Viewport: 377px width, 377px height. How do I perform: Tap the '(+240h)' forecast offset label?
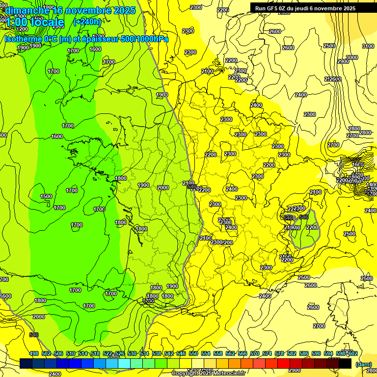87,22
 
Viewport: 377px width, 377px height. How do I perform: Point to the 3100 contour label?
368,46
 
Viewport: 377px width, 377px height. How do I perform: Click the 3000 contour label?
352,57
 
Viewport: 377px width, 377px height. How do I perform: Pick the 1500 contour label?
46,196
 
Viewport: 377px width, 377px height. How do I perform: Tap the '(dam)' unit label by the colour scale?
363,364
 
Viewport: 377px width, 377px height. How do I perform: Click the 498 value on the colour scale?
34,353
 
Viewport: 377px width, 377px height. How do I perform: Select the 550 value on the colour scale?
193,353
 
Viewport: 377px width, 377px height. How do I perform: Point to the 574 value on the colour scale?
267,353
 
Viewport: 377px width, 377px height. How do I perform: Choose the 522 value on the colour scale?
108,353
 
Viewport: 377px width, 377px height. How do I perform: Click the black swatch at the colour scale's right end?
345,364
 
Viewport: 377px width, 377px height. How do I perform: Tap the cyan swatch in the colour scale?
125,364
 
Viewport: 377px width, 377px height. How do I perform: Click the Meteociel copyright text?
208,373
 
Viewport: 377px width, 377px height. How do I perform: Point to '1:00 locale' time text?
34,22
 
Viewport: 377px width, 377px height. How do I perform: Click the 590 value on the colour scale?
316,353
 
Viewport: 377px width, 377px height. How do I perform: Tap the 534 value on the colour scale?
144,353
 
